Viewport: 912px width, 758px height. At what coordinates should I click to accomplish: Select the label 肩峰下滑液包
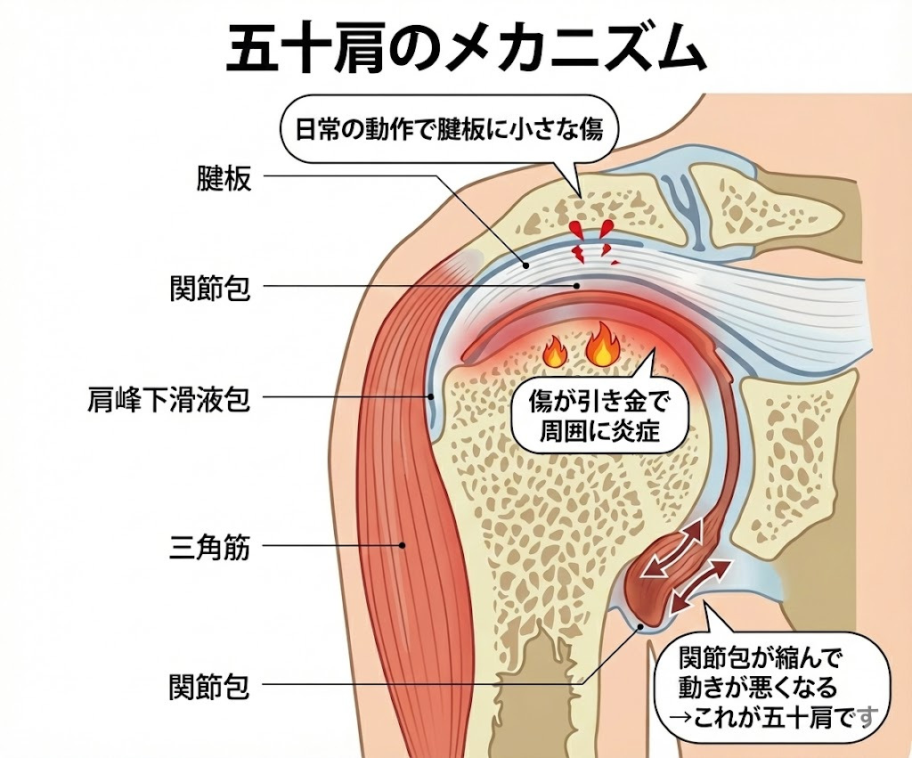point(169,398)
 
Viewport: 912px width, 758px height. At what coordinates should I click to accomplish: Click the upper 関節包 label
point(209,288)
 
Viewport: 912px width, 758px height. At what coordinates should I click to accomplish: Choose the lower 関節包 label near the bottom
point(209,687)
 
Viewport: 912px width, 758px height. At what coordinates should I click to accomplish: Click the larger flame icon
point(603,345)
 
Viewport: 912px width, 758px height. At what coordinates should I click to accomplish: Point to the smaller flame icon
point(554,353)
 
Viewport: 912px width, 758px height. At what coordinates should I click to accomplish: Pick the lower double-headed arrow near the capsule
point(702,586)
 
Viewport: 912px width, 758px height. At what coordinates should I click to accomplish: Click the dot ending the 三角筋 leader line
point(403,545)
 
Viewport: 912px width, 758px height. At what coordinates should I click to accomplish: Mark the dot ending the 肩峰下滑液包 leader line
point(429,398)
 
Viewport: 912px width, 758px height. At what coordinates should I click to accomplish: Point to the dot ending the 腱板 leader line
point(525,265)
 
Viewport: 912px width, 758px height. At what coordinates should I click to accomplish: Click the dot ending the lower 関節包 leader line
point(641,626)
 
